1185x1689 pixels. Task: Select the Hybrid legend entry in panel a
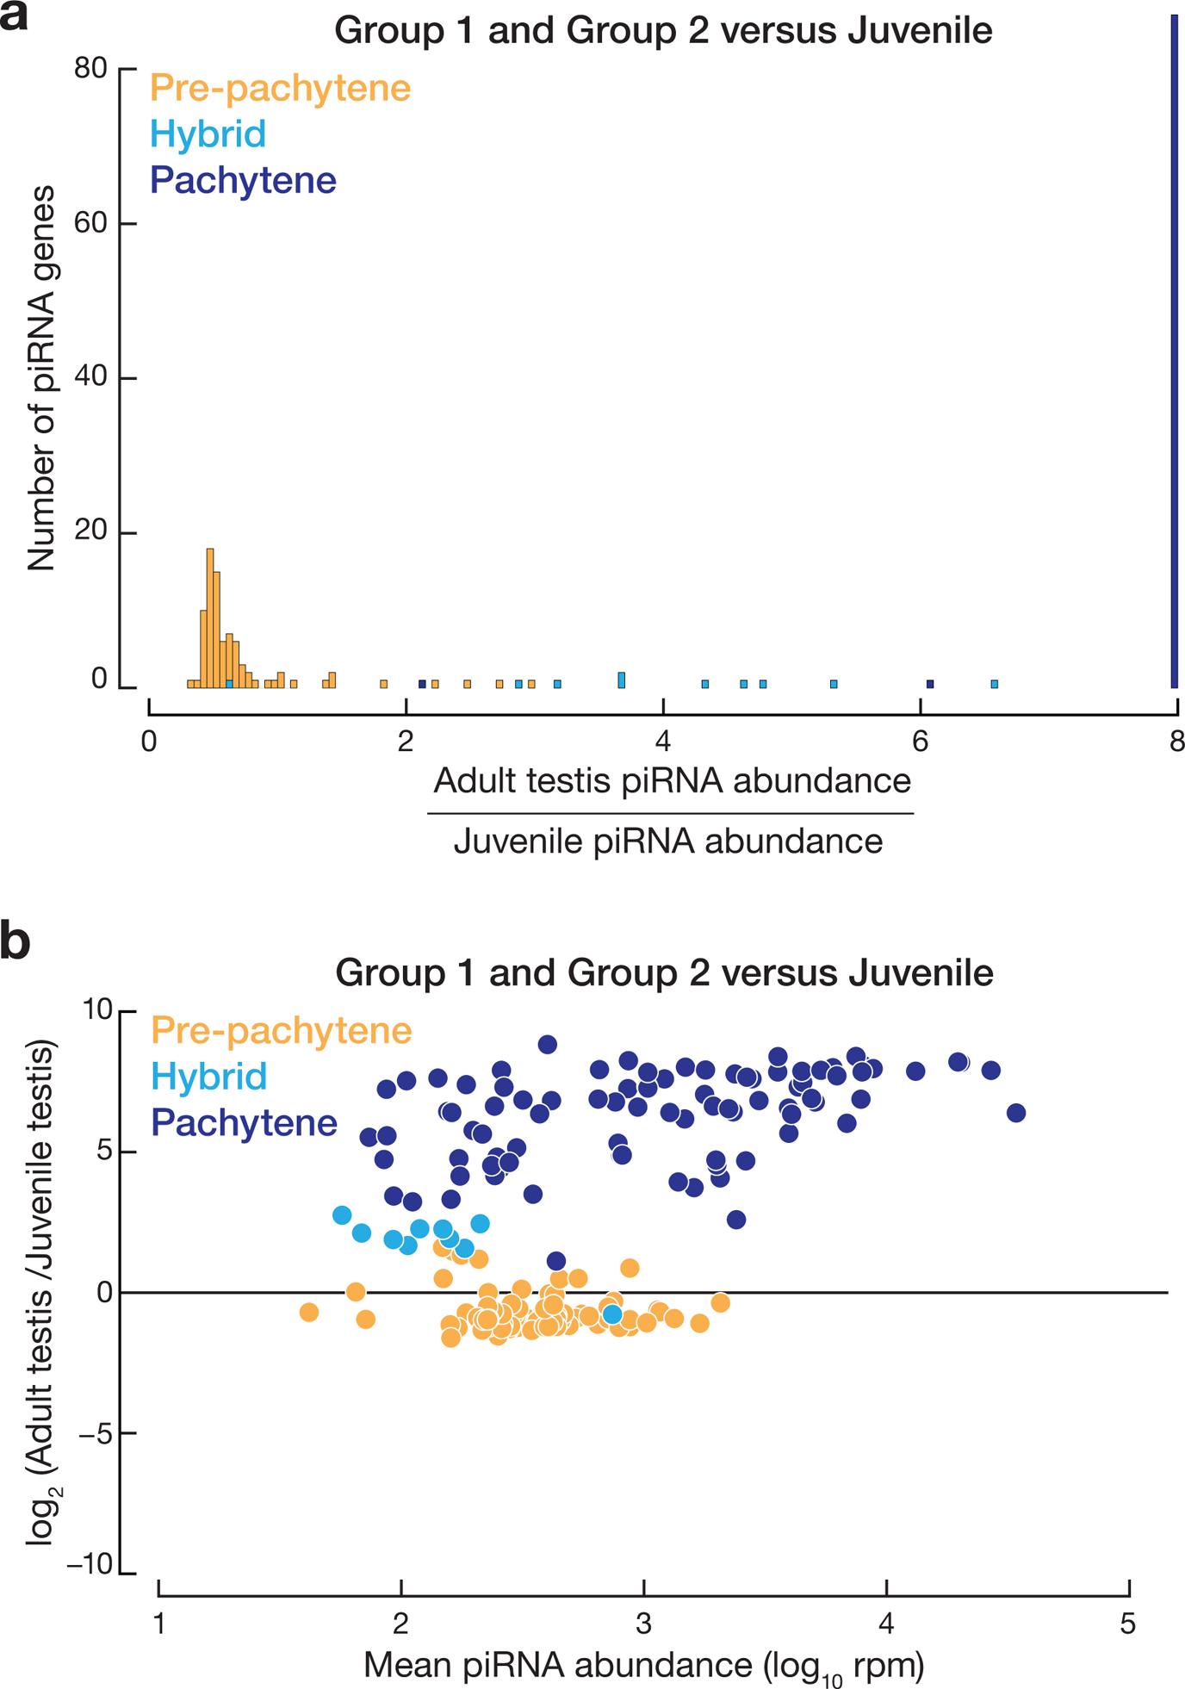208,134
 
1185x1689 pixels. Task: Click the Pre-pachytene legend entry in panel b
281,1030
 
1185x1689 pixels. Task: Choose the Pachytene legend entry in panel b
244,1123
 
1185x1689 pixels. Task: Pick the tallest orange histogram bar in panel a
209,617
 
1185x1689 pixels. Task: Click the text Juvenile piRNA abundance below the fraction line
668,841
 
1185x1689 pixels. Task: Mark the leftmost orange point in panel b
309,1312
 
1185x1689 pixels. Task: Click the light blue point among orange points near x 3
611,1314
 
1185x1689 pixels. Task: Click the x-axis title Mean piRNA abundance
643,1666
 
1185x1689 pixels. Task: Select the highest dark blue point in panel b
548,1044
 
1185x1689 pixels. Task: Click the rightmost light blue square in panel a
994,684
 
